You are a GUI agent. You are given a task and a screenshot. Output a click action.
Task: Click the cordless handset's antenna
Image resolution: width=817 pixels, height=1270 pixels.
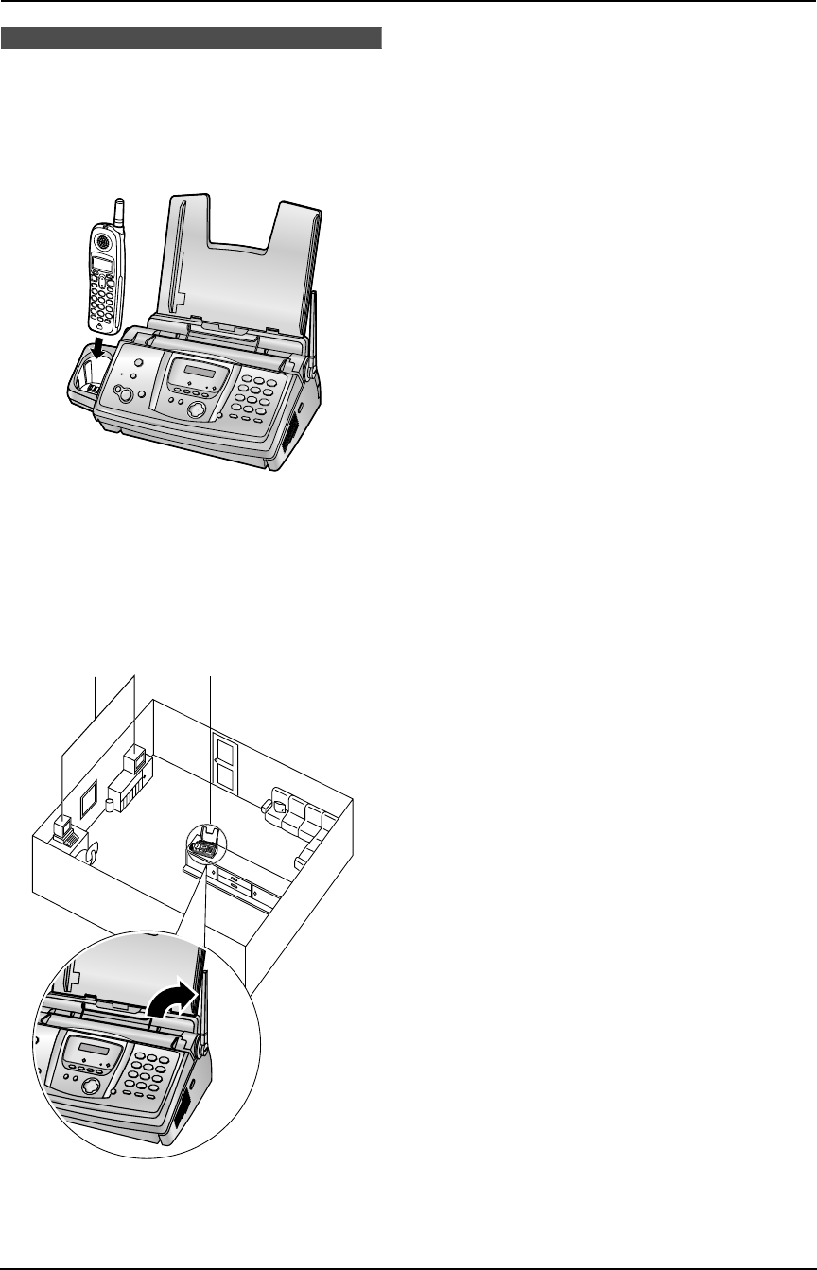point(119,213)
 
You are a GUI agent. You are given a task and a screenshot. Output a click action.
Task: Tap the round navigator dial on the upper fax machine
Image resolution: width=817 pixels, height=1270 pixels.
point(197,410)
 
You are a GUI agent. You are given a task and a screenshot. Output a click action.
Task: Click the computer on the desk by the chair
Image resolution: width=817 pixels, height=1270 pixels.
point(62,828)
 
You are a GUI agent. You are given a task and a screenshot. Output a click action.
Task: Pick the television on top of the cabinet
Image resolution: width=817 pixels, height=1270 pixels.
point(134,757)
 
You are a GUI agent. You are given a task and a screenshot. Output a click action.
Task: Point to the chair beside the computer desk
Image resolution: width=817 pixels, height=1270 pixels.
point(92,854)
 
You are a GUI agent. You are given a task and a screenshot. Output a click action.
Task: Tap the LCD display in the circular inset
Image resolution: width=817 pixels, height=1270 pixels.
point(93,1052)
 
